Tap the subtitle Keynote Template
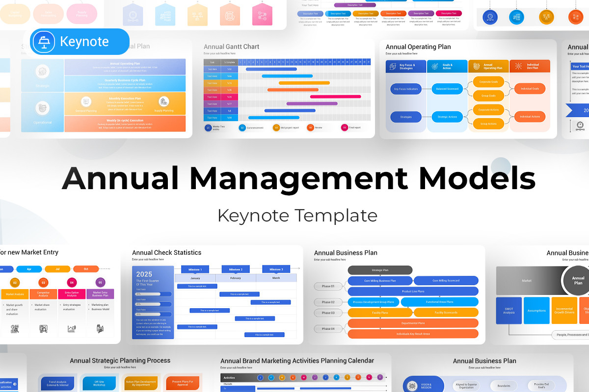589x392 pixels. point(297,215)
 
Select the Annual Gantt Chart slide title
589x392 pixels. point(232,47)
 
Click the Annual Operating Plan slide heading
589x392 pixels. point(418,47)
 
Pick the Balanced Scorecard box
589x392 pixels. point(447,89)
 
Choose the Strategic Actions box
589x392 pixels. point(447,117)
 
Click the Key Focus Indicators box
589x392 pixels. point(406,89)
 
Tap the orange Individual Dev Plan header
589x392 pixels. point(530,66)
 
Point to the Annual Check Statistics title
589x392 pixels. point(167,253)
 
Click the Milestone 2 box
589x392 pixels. point(235,269)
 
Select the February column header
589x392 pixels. point(236,278)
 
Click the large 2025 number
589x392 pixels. point(144,274)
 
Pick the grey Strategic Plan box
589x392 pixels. point(380,270)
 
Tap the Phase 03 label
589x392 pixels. point(328,313)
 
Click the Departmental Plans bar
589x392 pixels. point(413,323)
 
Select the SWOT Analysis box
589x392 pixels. point(509,311)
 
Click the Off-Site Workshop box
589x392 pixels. point(99,383)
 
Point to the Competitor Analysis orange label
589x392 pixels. point(43,294)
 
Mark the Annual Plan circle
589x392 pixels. point(579,280)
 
